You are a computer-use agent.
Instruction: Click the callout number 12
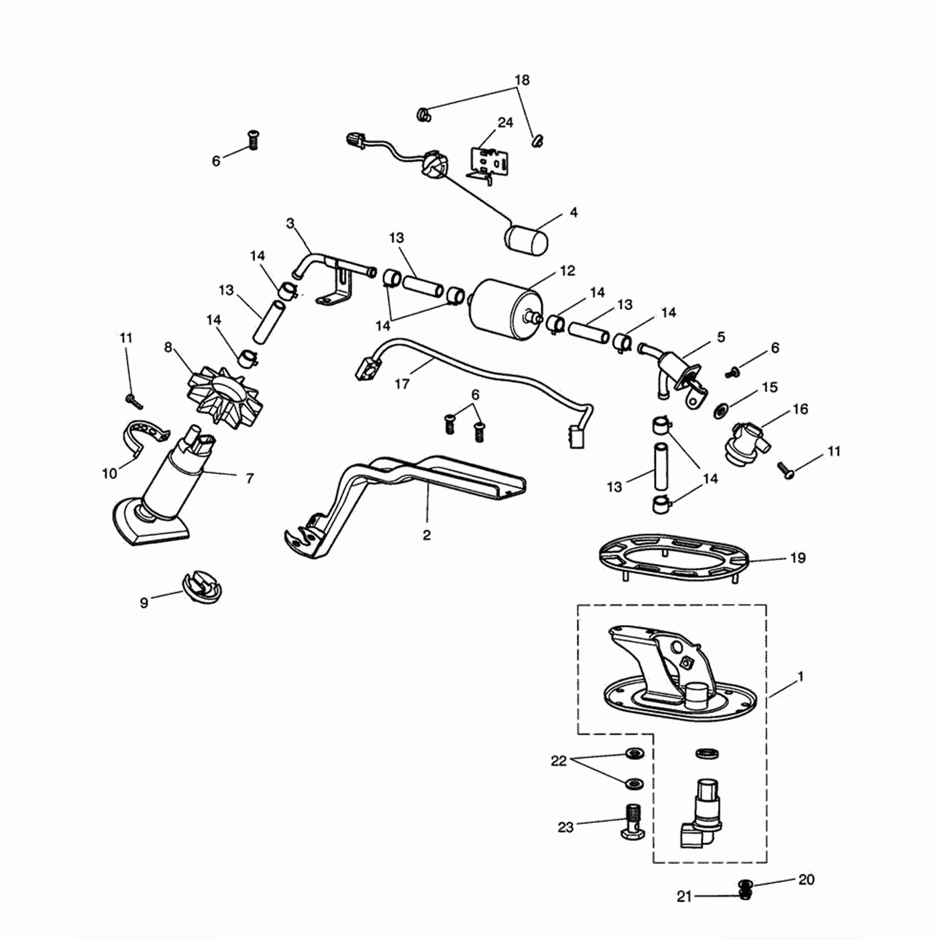coord(567,271)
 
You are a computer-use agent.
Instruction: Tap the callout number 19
coord(797,558)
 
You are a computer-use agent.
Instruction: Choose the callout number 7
coord(250,478)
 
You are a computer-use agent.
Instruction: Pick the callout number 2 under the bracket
coord(427,535)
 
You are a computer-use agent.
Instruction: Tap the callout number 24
coord(505,123)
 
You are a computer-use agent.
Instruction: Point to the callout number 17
coord(402,384)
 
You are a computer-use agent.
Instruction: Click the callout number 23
coord(565,827)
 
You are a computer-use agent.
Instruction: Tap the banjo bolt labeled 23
coord(630,820)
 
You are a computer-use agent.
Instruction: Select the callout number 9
coord(144,602)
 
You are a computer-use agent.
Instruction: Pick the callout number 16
coord(801,409)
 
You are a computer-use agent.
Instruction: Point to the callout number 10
coord(109,474)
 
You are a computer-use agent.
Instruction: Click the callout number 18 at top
coord(522,80)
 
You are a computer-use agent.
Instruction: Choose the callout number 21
coord(683,896)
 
